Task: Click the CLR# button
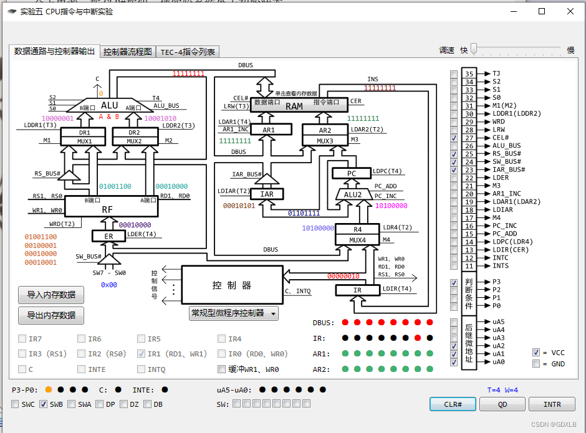[453, 404]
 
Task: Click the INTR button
[552, 404]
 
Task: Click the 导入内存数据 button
[51, 295]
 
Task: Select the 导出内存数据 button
[51, 315]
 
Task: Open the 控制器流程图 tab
[128, 52]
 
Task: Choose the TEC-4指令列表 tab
[188, 52]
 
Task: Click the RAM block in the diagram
[294, 105]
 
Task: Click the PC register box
[351, 173]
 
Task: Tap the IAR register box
[267, 194]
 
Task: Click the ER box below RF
[108, 236]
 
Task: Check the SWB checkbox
[44, 404]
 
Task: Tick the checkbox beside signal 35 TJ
[453, 74]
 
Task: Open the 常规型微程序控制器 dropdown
[233, 313]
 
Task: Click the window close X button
[570, 11]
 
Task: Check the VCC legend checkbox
[536, 353]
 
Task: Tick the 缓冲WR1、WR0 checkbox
[221, 369]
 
